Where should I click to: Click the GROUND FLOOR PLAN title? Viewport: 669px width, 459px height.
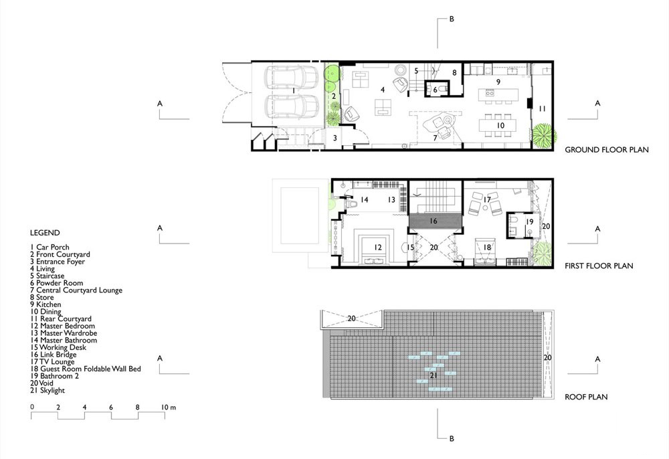[606, 150]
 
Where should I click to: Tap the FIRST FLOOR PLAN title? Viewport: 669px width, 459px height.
[599, 266]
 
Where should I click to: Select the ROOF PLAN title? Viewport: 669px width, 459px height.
[586, 397]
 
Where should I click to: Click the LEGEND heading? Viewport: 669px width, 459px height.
[45, 233]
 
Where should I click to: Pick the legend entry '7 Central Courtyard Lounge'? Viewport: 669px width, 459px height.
[76, 290]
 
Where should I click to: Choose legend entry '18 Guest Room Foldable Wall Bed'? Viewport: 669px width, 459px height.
[86, 369]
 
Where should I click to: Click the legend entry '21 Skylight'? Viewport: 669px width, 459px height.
[47, 390]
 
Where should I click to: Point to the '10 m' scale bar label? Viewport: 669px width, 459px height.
[168, 407]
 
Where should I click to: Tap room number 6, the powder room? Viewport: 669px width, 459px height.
[436, 90]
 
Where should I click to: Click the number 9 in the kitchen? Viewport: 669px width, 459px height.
[498, 82]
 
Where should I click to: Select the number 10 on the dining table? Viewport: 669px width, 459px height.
[500, 125]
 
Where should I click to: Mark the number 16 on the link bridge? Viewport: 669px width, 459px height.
[434, 221]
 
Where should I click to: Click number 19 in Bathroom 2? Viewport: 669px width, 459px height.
[529, 222]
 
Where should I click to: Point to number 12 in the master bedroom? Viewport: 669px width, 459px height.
[377, 248]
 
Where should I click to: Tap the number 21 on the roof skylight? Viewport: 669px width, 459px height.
[434, 376]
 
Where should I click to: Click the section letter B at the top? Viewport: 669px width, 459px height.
[452, 19]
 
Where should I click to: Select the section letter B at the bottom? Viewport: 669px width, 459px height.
[452, 438]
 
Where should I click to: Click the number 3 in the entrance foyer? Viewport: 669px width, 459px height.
[335, 138]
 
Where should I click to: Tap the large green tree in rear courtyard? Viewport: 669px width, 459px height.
[543, 135]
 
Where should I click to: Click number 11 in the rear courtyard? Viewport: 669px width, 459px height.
[542, 109]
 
